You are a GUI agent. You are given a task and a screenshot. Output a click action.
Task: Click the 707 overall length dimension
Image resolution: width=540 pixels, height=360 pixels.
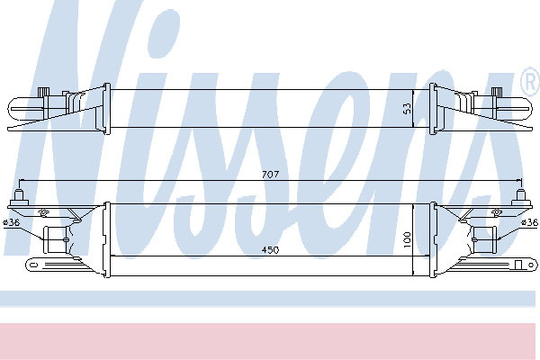pyautogui.click(x=270, y=175)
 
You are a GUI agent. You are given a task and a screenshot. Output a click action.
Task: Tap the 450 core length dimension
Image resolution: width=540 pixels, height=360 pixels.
pyautogui.click(x=270, y=250)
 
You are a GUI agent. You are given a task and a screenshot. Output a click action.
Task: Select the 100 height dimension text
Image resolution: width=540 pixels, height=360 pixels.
pyautogui.click(x=407, y=239)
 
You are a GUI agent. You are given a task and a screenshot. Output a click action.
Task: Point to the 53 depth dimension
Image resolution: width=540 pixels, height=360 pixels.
pyautogui.click(x=407, y=109)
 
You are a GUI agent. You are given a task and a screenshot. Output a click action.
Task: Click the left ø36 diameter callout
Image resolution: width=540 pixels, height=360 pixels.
pyautogui.click(x=11, y=222)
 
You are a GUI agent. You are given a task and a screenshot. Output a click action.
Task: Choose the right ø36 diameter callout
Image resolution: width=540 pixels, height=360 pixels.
pyautogui.click(x=530, y=223)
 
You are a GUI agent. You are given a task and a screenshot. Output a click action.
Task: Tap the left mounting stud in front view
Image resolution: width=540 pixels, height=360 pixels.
pyautogui.click(x=19, y=197)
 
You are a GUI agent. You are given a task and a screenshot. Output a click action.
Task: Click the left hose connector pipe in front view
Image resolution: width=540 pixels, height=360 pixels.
pyautogui.click(x=56, y=239)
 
